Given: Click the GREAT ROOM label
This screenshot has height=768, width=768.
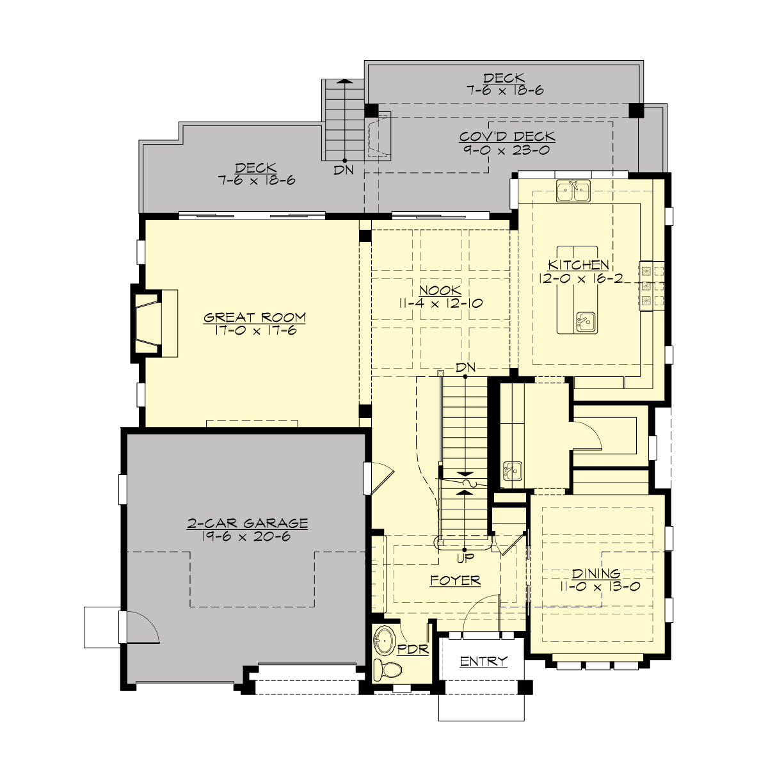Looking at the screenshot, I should coord(255,317).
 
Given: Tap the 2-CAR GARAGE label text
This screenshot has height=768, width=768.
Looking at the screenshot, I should coord(247,524).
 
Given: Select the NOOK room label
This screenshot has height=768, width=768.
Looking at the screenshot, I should coord(440,291).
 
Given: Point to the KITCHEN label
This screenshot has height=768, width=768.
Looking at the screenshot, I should coord(578,265).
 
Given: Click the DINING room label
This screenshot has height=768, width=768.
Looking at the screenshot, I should coord(596,573).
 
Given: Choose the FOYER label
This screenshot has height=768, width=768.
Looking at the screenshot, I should coord(455,580).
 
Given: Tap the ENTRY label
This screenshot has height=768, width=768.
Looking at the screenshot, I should coord(483,661).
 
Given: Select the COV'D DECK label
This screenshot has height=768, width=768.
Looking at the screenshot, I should coord(507,137).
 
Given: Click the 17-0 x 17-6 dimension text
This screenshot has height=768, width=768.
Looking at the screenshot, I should coord(255,330).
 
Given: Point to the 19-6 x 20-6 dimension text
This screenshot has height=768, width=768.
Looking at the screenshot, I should coord(247,536).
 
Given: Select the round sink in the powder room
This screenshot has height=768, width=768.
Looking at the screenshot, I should coord(385,639).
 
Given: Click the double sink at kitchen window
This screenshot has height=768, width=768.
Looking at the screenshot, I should coord(573,191).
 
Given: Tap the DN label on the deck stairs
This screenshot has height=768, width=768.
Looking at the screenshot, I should coord(344,170).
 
